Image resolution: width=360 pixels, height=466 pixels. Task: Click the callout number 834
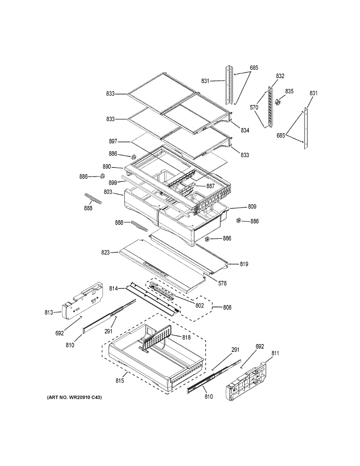(x=245, y=130)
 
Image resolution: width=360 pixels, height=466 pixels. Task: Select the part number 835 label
(x=289, y=91)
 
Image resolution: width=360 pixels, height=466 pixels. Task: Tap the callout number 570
(x=254, y=108)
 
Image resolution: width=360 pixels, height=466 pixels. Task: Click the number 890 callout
(x=106, y=167)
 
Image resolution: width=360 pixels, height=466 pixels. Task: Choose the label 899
(x=113, y=182)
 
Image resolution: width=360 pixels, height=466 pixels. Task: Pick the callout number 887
(x=210, y=186)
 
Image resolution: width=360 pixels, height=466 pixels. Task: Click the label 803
(x=108, y=192)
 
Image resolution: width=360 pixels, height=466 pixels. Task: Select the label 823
(x=105, y=252)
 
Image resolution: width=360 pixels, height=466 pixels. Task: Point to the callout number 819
(x=244, y=264)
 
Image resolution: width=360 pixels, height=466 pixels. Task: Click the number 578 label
(x=222, y=283)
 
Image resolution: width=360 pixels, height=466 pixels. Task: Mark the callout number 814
(x=113, y=288)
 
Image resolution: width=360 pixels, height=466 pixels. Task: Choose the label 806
(x=228, y=308)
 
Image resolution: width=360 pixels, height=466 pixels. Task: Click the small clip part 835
(x=278, y=102)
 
